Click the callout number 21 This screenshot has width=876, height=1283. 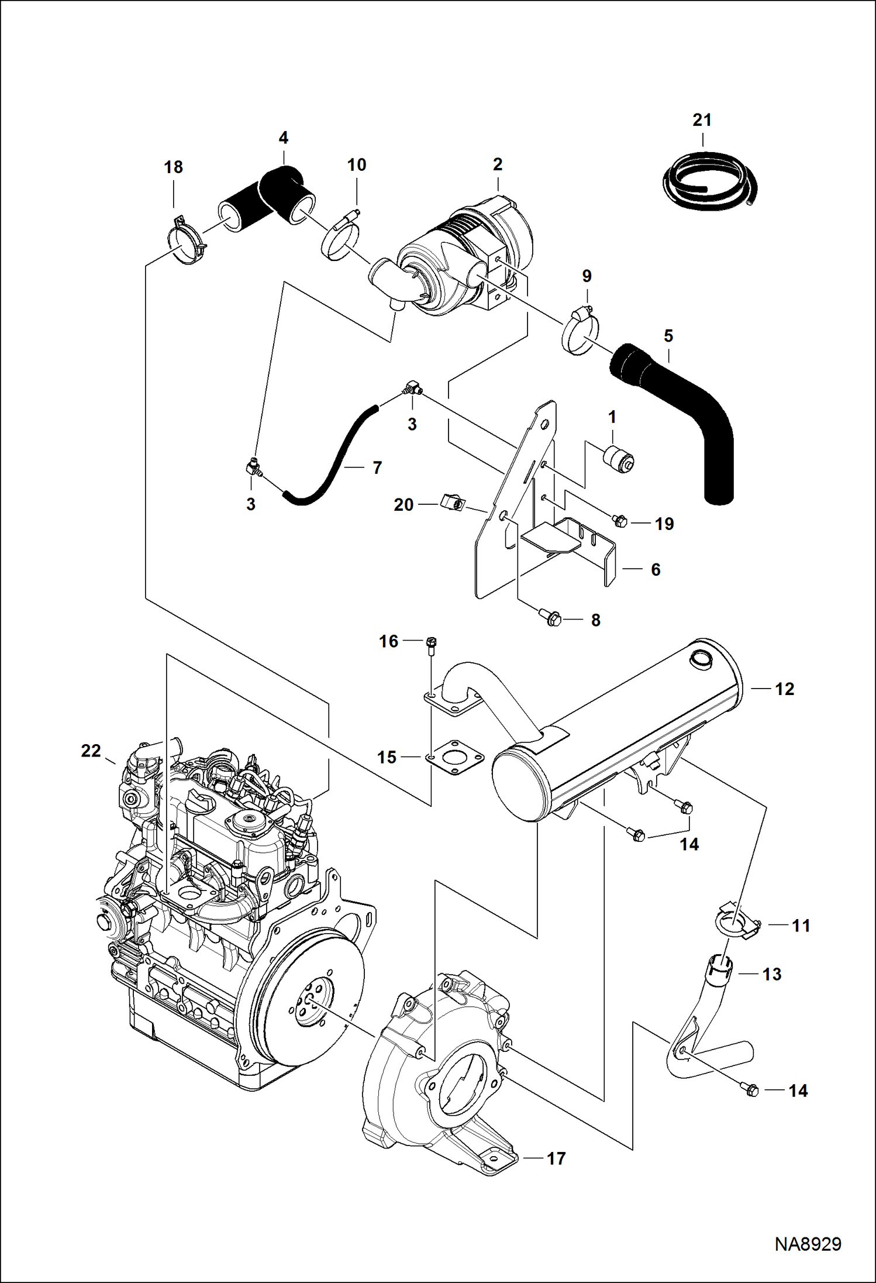[702, 120]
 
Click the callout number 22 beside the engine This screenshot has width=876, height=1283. [91, 751]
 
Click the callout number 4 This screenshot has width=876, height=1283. [283, 138]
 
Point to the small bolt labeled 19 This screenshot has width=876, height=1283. [619, 520]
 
